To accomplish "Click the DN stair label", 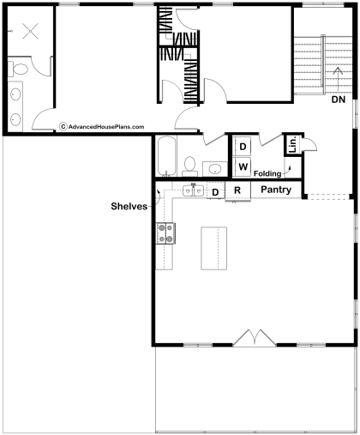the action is (339, 100).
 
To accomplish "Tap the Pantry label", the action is (276, 190).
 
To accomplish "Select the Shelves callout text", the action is (129, 206).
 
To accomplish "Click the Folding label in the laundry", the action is (267, 173).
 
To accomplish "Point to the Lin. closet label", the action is (293, 144).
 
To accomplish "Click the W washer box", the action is (243, 166).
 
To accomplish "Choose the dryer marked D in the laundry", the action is (243, 147).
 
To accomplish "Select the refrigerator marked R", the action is (237, 190).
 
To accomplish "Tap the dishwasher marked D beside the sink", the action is (215, 190).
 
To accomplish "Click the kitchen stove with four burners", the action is (165, 233).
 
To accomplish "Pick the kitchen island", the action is (214, 248).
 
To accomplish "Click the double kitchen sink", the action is (193, 190).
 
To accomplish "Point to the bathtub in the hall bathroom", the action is (167, 156).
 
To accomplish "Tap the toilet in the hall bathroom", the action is (189, 166).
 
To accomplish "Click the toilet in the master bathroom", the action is (18, 69).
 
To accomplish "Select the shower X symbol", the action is (30, 31).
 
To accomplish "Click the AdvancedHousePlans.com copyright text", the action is (102, 127).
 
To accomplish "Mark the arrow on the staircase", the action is (339, 79).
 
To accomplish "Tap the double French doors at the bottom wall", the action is (255, 338).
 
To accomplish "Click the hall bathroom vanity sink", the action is (215, 169).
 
